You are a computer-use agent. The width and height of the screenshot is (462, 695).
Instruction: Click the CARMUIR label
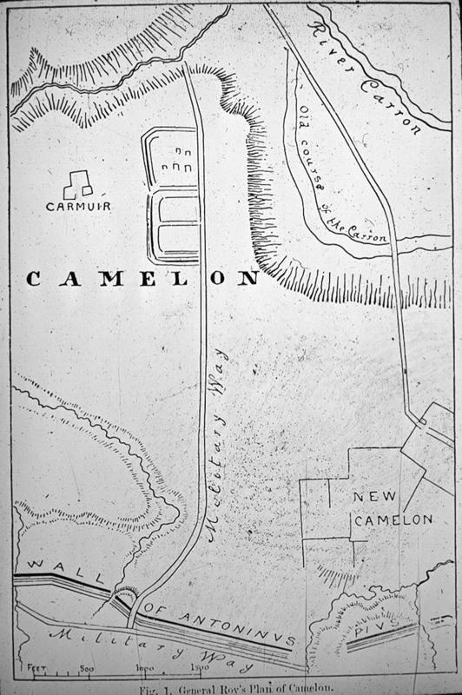(79, 208)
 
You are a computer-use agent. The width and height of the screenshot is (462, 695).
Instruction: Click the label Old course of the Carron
(339, 178)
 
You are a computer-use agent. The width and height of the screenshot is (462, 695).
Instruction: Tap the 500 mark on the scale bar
(87, 670)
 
